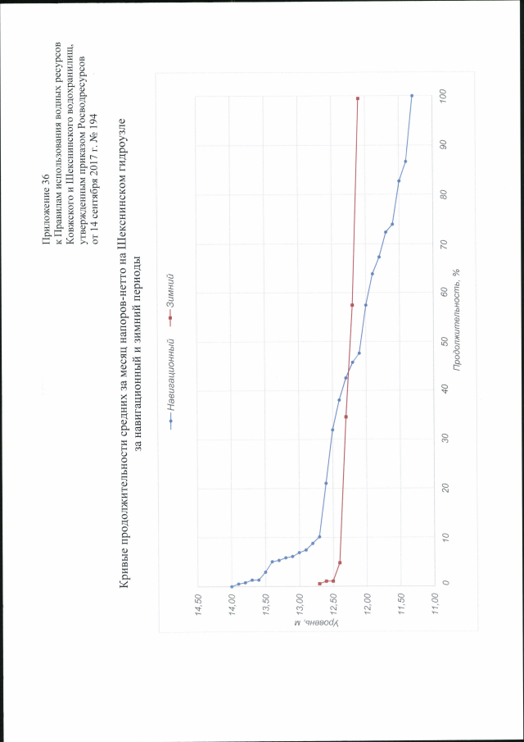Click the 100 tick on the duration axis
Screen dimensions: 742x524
point(443,94)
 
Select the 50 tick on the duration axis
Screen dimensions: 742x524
point(443,340)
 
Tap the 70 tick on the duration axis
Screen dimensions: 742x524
point(443,243)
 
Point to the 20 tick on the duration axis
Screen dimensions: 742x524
point(443,487)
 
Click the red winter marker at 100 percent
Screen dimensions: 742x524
point(358,98)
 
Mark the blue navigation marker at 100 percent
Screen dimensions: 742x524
point(412,96)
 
